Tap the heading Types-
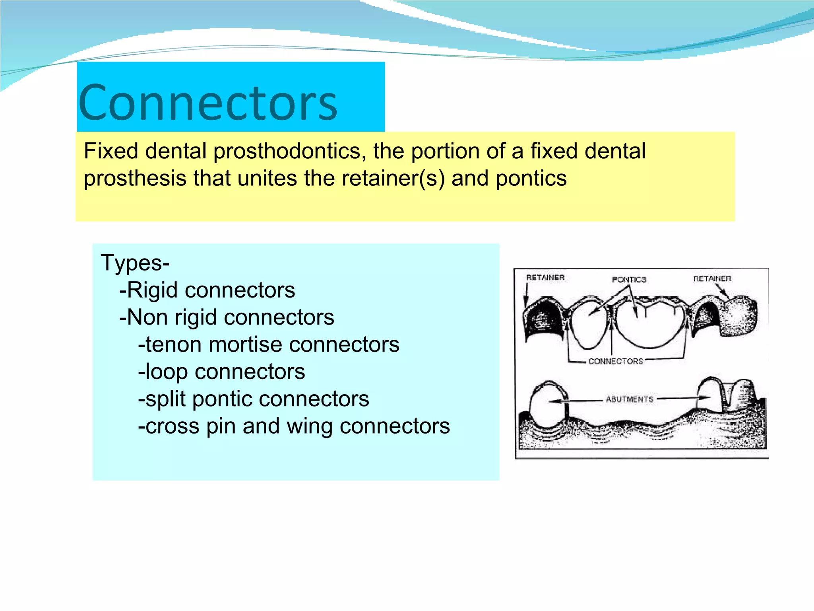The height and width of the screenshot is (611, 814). point(135,263)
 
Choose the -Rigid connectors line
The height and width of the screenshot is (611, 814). point(207,290)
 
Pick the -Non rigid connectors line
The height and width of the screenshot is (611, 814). point(227,317)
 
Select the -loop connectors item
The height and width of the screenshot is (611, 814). point(221,372)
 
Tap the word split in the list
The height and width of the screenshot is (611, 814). point(165,399)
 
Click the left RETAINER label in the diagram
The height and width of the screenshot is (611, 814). point(545,278)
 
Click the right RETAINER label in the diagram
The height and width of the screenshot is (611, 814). point(712,278)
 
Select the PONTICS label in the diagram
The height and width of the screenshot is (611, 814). point(629,280)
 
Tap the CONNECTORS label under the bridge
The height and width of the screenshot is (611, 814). point(615,361)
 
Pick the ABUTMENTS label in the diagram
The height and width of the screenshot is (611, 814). point(629,399)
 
